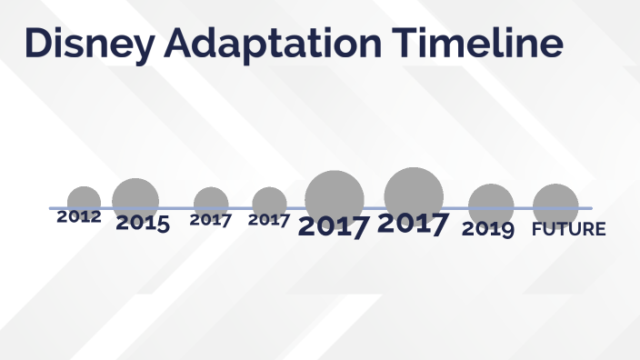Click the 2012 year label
(x=79, y=217)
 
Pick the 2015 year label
(x=142, y=223)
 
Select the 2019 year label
(x=488, y=229)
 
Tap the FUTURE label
(x=568, y=229)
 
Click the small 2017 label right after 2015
(x=211, y=219)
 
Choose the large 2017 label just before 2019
(x=413, y=224)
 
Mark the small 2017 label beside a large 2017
(x=269, y=219)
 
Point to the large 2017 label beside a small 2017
(x=334, y=226)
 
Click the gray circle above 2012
(x=84, y=201)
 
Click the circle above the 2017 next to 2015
(x=211, y=203)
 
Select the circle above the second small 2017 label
(x=269, y=203)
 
